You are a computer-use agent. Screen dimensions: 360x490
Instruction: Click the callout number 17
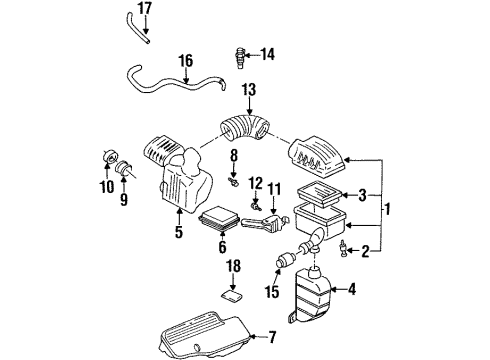[x=145, y=9]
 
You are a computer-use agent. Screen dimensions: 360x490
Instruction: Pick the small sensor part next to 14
[x=239, y=53]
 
